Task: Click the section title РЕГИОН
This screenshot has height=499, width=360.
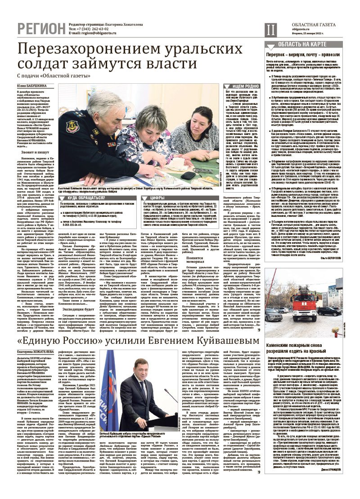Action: pos(40,28)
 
